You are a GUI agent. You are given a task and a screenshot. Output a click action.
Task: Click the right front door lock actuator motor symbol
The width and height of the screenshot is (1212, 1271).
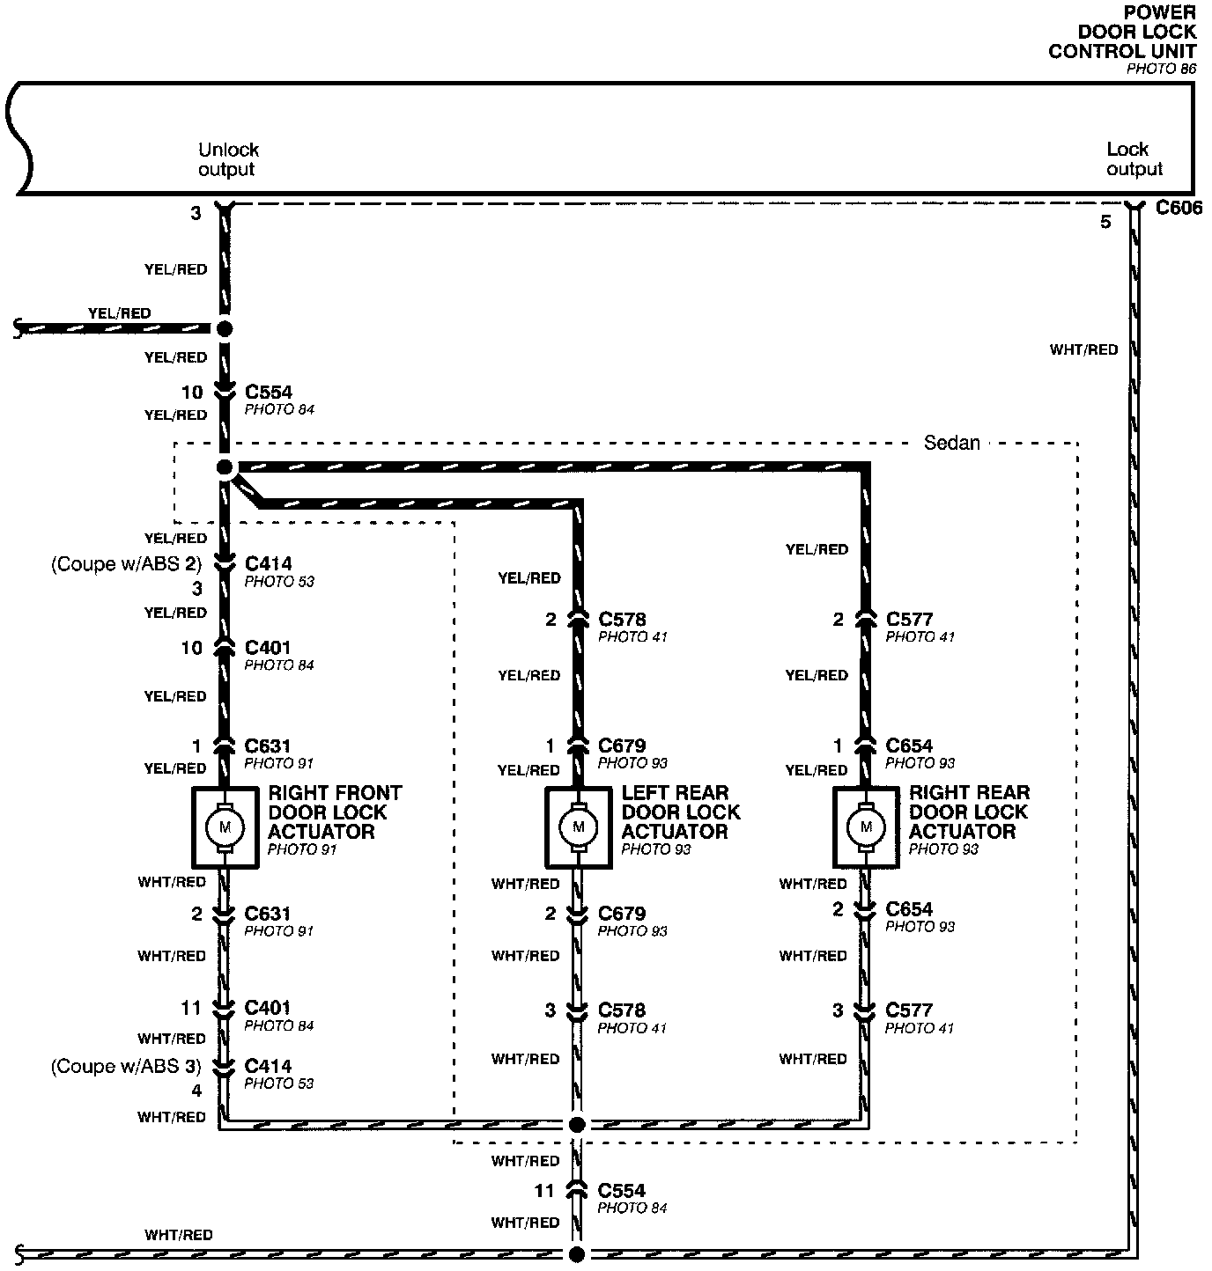[x=225, y=827]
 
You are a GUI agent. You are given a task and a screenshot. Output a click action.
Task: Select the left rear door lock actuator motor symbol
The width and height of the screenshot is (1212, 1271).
[x=579, y=827]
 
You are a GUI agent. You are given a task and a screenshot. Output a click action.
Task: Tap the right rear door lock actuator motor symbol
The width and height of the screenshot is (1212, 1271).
[x=867, y=827]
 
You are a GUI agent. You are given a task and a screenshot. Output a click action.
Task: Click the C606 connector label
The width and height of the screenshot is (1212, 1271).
[x=1179, y=208]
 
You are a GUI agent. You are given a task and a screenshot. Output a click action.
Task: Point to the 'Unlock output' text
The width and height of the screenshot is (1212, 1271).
[x=228, y=159]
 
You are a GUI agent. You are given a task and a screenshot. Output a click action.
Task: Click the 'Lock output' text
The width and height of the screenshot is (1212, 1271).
[x=1134, y=159]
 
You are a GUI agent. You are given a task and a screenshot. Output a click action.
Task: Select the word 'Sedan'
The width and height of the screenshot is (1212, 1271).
[x=951, y=443]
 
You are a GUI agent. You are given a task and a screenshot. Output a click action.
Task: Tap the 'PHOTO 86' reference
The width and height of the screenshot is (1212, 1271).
[x=1161, y=69]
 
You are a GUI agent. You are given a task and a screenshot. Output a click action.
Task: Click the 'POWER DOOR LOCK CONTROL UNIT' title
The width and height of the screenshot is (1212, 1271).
[x=1123, y=32]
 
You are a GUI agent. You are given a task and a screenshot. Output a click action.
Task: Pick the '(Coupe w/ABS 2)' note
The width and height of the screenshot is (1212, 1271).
[x=126, y=563]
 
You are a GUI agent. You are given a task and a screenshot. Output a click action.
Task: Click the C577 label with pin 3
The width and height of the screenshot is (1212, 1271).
[x=908, y=1010]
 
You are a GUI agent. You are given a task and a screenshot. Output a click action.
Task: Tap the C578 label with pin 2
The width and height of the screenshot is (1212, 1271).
[x=622, y=619]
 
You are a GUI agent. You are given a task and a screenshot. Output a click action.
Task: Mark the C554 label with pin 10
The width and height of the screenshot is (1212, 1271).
[x=268, y=392]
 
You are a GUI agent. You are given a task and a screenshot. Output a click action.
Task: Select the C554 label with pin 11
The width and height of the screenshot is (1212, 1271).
[x=621, y=1190]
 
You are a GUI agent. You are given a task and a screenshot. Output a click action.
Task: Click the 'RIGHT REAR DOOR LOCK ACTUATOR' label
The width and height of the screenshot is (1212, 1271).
[x=969, y=812]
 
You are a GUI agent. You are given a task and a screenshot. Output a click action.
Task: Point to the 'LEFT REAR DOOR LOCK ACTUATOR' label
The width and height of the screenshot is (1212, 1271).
[x=680, y=812]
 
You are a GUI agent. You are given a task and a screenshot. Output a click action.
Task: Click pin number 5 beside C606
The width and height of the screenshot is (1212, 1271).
[x=1105, y=223]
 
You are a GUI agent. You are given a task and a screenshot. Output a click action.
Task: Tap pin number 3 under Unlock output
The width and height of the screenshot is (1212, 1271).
[x=196, y=213]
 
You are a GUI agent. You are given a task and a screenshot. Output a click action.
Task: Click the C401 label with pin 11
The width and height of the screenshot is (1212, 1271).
[x=267, y=1007]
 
